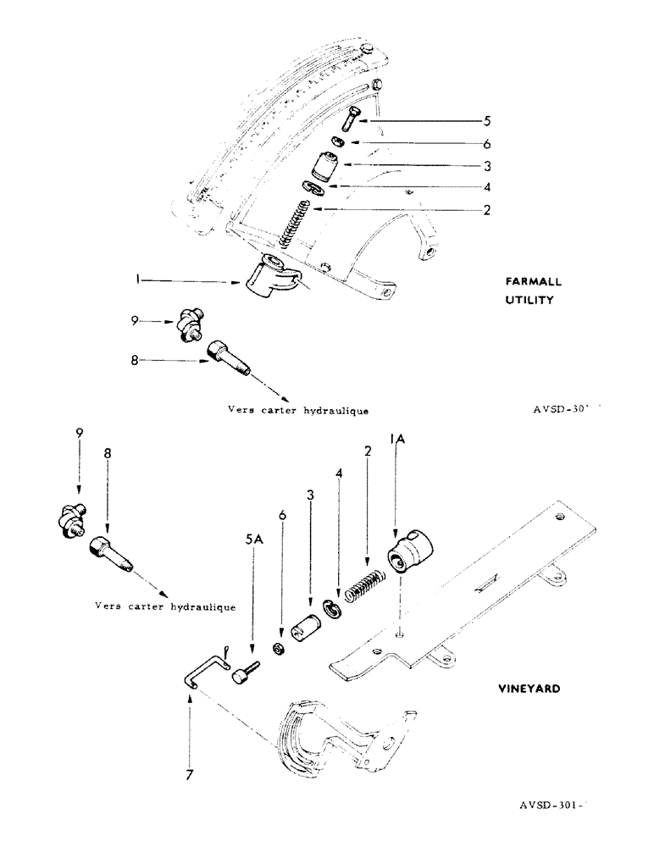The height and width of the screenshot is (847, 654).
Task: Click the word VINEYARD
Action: point(529,689)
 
